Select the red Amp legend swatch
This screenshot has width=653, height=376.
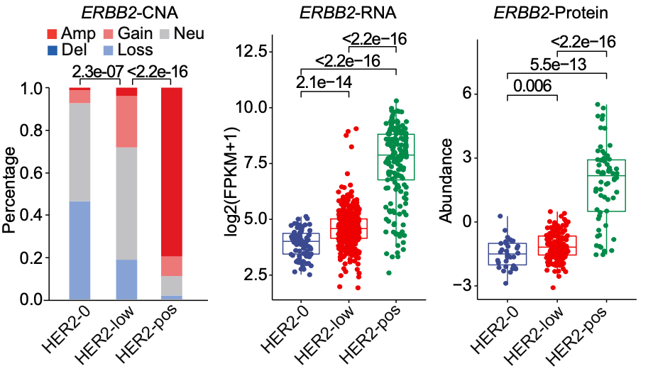[x=49, y=33]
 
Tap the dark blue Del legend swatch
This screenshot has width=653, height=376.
[x=49, y=50]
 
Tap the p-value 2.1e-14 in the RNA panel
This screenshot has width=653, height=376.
[x=324, y=82]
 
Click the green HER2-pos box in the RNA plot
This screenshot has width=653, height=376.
[x=396, y=156]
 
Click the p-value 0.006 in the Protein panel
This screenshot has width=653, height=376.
[x=532, y=87]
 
